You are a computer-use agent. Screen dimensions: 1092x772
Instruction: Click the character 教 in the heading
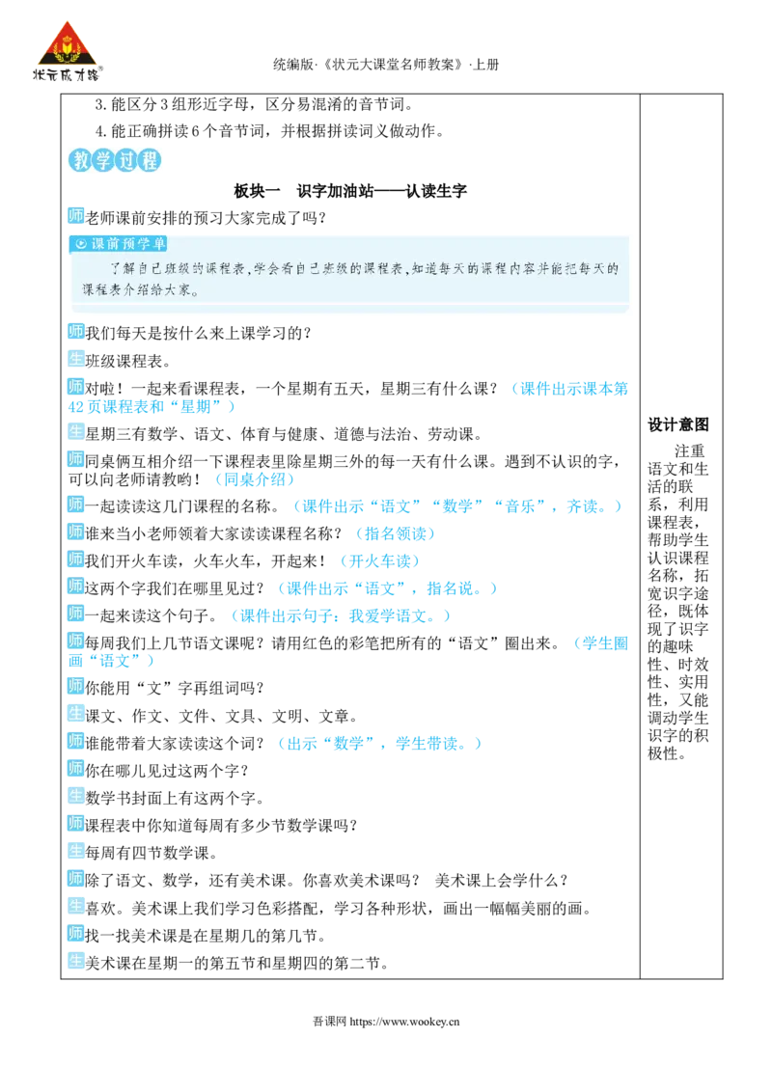[81, 162]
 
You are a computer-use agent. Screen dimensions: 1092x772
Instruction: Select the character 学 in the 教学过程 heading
[103, 162]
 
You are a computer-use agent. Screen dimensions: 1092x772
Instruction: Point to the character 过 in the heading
[125, 162]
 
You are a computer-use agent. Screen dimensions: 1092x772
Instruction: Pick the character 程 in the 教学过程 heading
[149, 162]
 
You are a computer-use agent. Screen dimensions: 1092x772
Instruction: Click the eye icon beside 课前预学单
[81, 244]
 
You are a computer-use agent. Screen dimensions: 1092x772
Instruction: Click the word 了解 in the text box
[124, 268]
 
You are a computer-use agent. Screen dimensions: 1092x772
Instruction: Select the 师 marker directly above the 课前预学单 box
[75, 214]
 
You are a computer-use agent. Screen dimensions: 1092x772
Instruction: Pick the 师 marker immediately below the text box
[75, 330]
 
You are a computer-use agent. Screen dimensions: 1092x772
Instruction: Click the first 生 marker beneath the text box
[75, 358]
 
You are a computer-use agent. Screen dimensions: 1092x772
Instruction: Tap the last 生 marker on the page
[75, 961]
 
